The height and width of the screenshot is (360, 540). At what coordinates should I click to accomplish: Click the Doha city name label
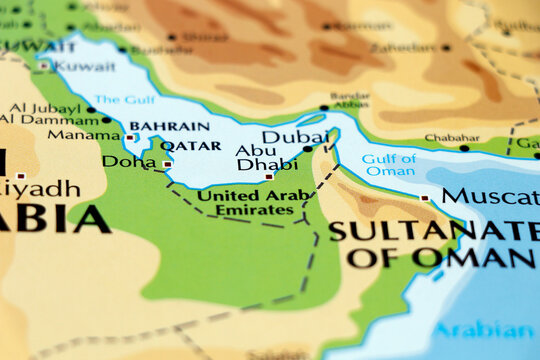(x=129, y=161)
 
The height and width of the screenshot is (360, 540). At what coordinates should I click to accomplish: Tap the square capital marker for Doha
(x=167, y=164)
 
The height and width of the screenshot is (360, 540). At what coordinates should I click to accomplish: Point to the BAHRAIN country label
(x=170, y=126)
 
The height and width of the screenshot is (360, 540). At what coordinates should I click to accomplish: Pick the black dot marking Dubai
(x=308, y=148)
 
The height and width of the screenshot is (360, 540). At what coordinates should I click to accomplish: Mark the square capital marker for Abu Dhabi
(x=268, y=177)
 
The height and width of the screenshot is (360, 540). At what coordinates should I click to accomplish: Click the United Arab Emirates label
(x=248, y=202)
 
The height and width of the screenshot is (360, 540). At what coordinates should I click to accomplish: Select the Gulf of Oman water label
(x=389, y=164)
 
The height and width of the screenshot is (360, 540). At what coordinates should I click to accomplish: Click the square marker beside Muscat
(x=425, y=198)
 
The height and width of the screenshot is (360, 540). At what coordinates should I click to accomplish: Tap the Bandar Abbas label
(x=349, y=100)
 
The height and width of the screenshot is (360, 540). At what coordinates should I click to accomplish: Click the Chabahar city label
(x=445, y=138)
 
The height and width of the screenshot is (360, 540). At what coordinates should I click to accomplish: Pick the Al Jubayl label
(x=44, y=108)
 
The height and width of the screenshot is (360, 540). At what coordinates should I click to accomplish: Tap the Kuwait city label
(x=84, y=66)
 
